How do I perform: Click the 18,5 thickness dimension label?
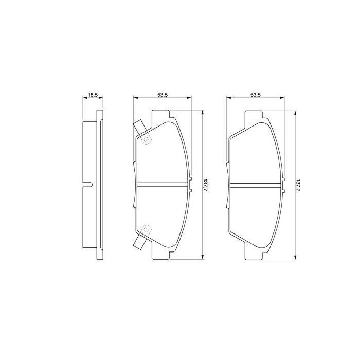pos(93,95)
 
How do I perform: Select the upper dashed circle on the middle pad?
pos(146,139)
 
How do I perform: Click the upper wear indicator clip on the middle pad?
pos(138,127)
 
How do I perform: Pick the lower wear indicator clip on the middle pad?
pos(138,243)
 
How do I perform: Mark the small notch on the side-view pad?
pos(88,185)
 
